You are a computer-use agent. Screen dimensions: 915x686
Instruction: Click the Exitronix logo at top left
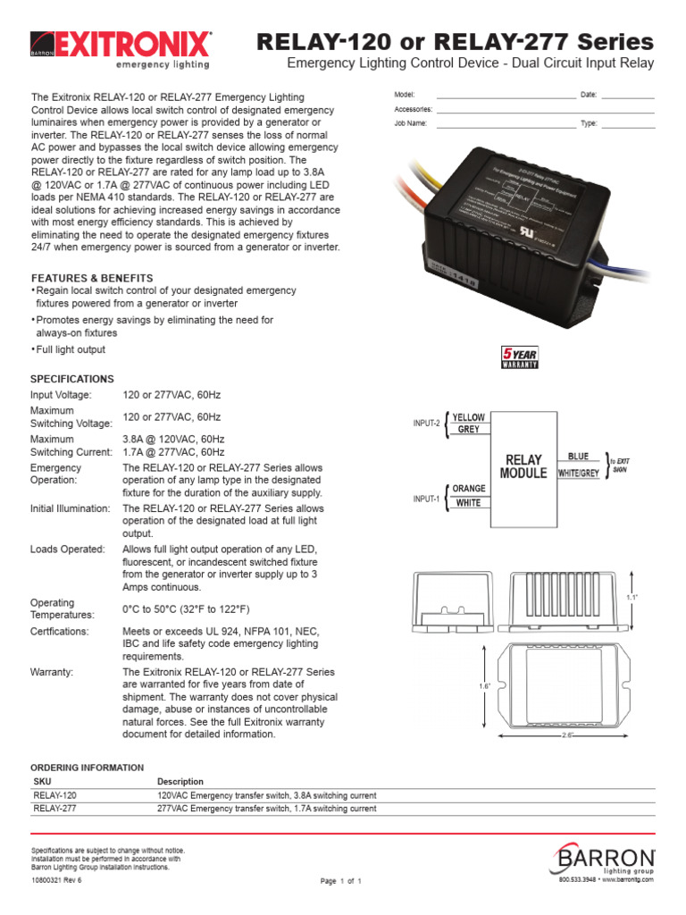pos(121,49)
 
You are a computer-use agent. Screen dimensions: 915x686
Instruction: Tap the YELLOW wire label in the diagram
pos(469,417)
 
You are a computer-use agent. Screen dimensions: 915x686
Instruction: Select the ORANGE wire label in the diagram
pos(469,489)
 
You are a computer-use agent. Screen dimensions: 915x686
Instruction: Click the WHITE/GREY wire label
pos(578,472)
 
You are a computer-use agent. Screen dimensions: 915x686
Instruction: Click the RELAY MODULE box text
pos(523,466)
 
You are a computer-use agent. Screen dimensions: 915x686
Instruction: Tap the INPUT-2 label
pos(426,424)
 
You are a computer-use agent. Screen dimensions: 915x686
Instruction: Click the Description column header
pos(180,781)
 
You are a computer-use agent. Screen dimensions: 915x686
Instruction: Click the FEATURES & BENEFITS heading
pos(92,278)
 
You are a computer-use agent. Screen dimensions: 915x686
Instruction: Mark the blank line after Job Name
pos(506,125)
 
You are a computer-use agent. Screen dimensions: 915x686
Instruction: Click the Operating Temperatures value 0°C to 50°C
pos(185,609)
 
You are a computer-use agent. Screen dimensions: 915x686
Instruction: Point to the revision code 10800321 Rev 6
pos(56,880)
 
